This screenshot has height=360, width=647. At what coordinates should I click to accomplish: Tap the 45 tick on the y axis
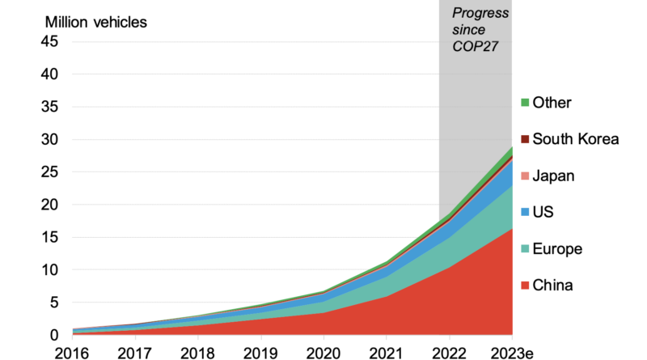[x=49, y=41]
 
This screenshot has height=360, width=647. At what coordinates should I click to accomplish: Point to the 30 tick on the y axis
[x=49, y=139]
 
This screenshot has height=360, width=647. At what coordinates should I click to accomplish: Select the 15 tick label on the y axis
[x=49, y=237]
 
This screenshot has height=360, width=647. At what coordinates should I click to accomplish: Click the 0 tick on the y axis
[x=53, y=335]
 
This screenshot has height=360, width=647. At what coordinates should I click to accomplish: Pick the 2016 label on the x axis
[x=70, y=352]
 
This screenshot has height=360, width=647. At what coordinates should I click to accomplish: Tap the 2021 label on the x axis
[x=386, y=352]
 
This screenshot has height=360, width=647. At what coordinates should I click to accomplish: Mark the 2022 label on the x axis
[x=449, y=352]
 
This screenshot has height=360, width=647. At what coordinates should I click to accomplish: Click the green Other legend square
[x=525, y=103]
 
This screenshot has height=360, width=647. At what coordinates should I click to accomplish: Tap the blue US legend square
[x=525, y=212]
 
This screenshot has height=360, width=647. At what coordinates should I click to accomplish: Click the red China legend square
[x=525, y=285]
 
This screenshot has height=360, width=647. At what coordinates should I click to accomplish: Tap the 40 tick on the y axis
[x=49, y=74]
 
